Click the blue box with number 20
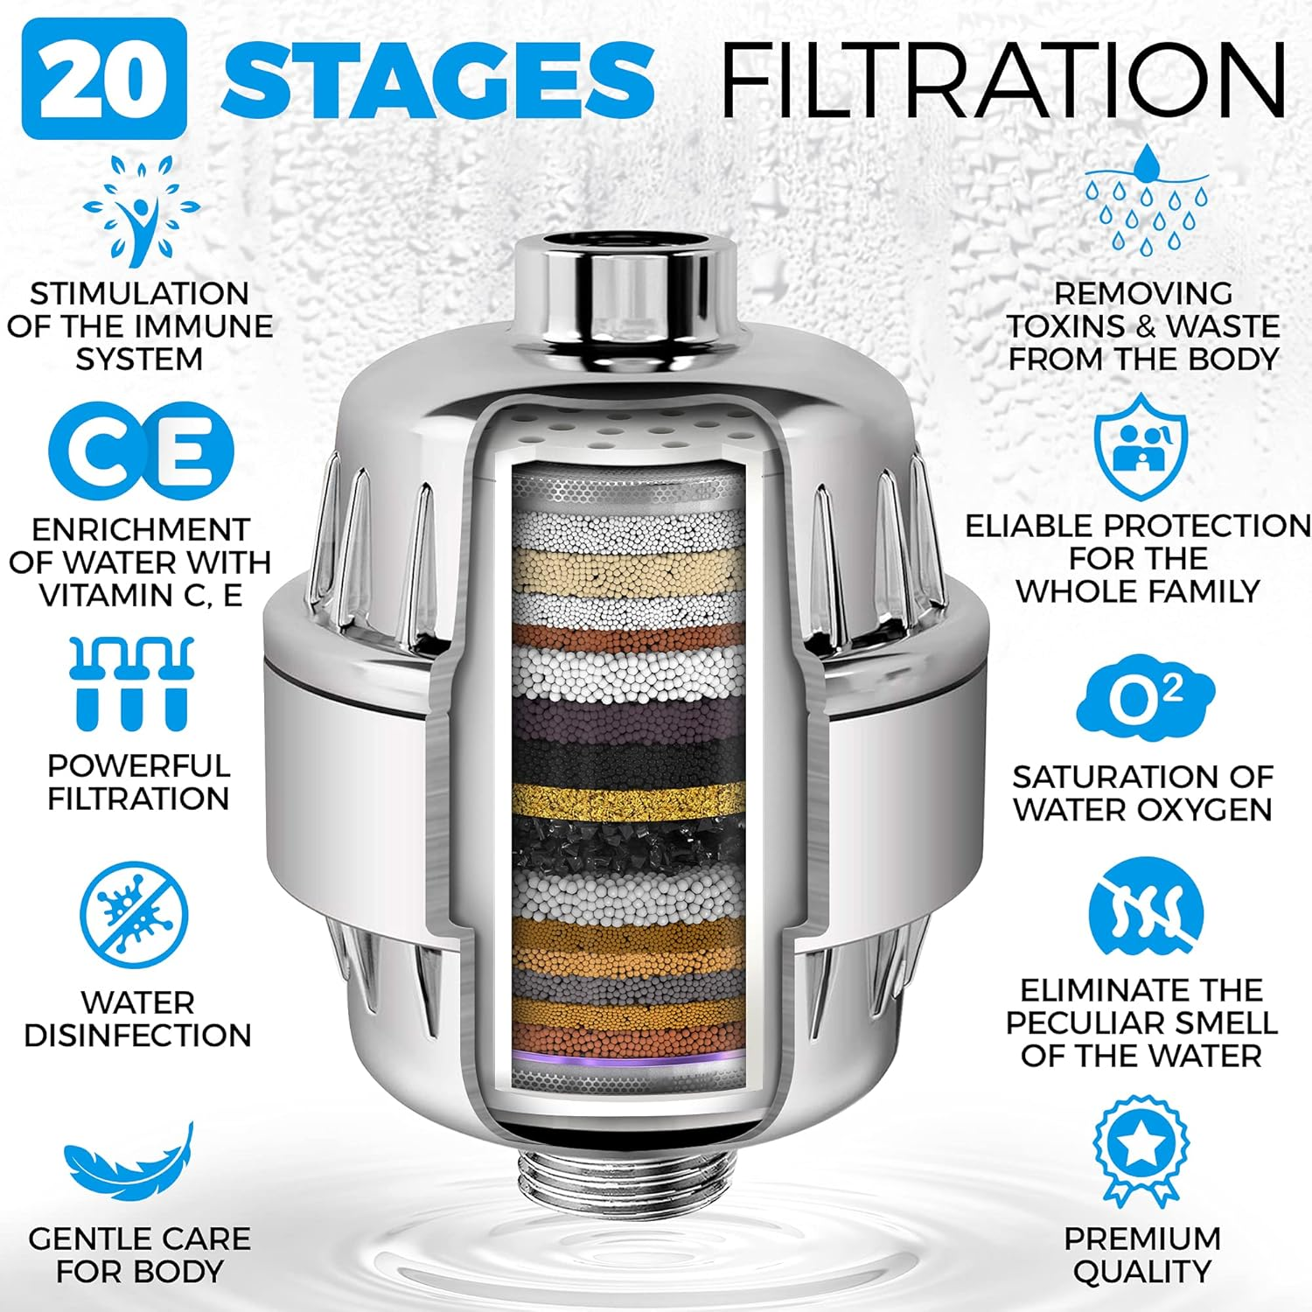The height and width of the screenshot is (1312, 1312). tap(104, 79)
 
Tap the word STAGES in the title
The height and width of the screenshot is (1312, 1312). tap(437, 79)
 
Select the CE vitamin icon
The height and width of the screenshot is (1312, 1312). tap(141, 452)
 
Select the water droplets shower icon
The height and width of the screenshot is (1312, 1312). tap(1146, 201)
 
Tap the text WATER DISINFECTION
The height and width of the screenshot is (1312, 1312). tap(137, 1019)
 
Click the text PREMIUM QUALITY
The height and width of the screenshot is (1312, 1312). tap(1141, 1254)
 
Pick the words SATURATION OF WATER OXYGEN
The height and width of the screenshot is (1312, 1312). tap(1142, 792)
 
